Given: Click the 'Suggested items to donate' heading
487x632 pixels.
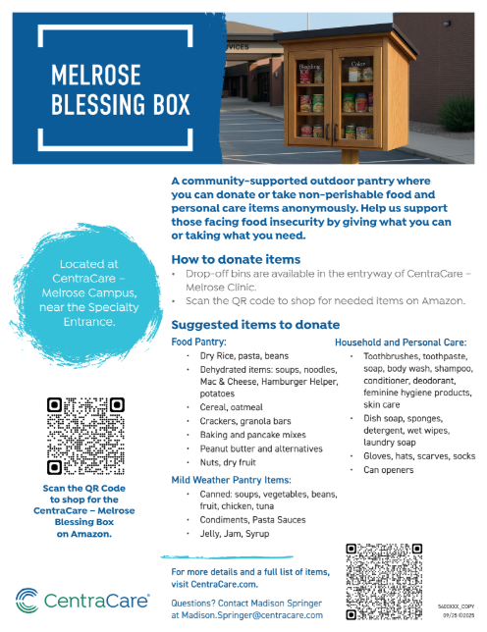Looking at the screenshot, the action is pos(255,325).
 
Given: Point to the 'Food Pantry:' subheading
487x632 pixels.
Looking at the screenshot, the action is pos(199,341).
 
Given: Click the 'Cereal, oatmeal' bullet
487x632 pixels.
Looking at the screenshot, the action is pos(232,405).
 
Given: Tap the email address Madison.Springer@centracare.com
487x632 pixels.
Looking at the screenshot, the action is pos(246,615).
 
